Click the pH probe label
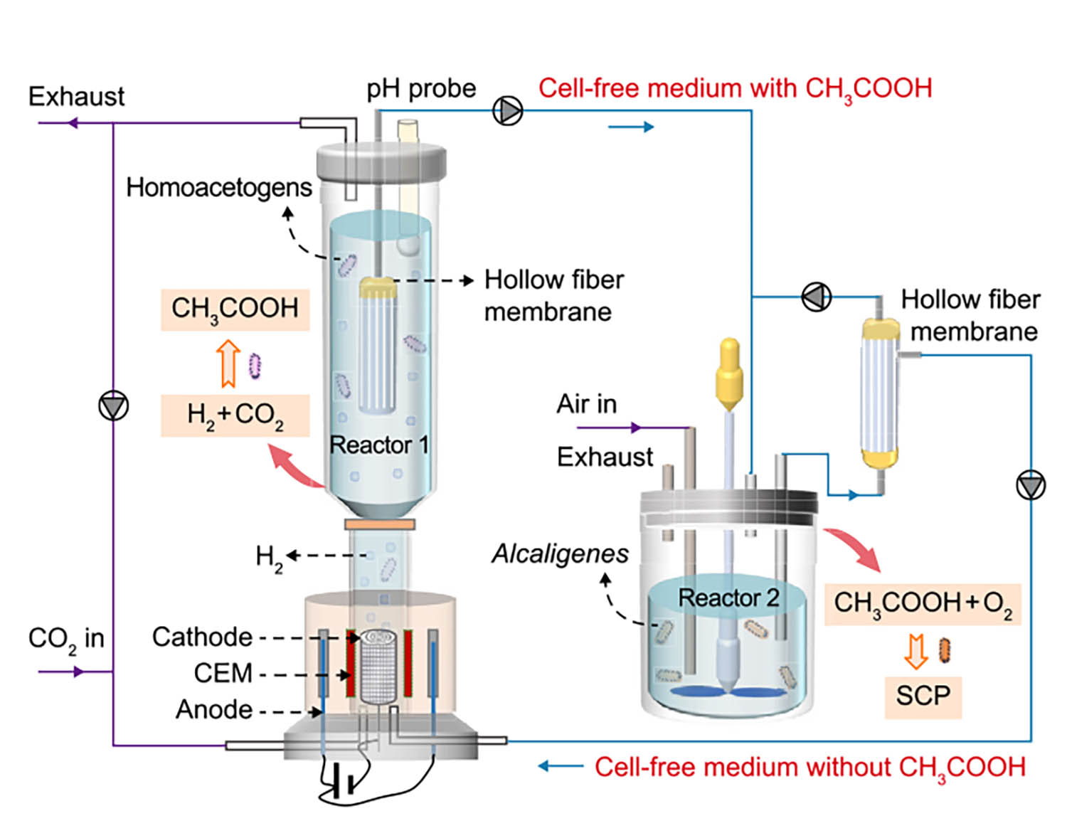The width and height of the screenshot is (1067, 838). point(421,88)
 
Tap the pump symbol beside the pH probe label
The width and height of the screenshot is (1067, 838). point(508,110)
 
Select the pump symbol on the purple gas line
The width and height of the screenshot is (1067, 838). point(113,406)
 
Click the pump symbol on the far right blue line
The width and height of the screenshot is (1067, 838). point(1030,486)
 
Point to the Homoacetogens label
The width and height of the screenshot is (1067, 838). point(218,187)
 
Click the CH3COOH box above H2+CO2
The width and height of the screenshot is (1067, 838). point(235,309)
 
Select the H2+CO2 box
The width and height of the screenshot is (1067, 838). point(235,415)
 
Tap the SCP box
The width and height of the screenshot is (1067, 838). point(923,695)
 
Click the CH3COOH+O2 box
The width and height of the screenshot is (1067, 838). point(923,604)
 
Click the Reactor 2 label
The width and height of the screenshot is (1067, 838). point(728,598)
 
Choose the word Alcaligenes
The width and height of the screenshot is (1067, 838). point(560,553)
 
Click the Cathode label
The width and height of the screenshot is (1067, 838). point(202,637)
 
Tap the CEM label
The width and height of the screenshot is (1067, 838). point(223,673)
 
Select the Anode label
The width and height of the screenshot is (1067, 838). point(213,709)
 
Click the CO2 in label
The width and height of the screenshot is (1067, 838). point(66,638)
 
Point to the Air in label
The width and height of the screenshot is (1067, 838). point(586,404)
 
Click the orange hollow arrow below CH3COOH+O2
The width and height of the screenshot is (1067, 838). point(915,651)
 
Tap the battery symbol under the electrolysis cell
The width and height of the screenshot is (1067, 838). point(342,784)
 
